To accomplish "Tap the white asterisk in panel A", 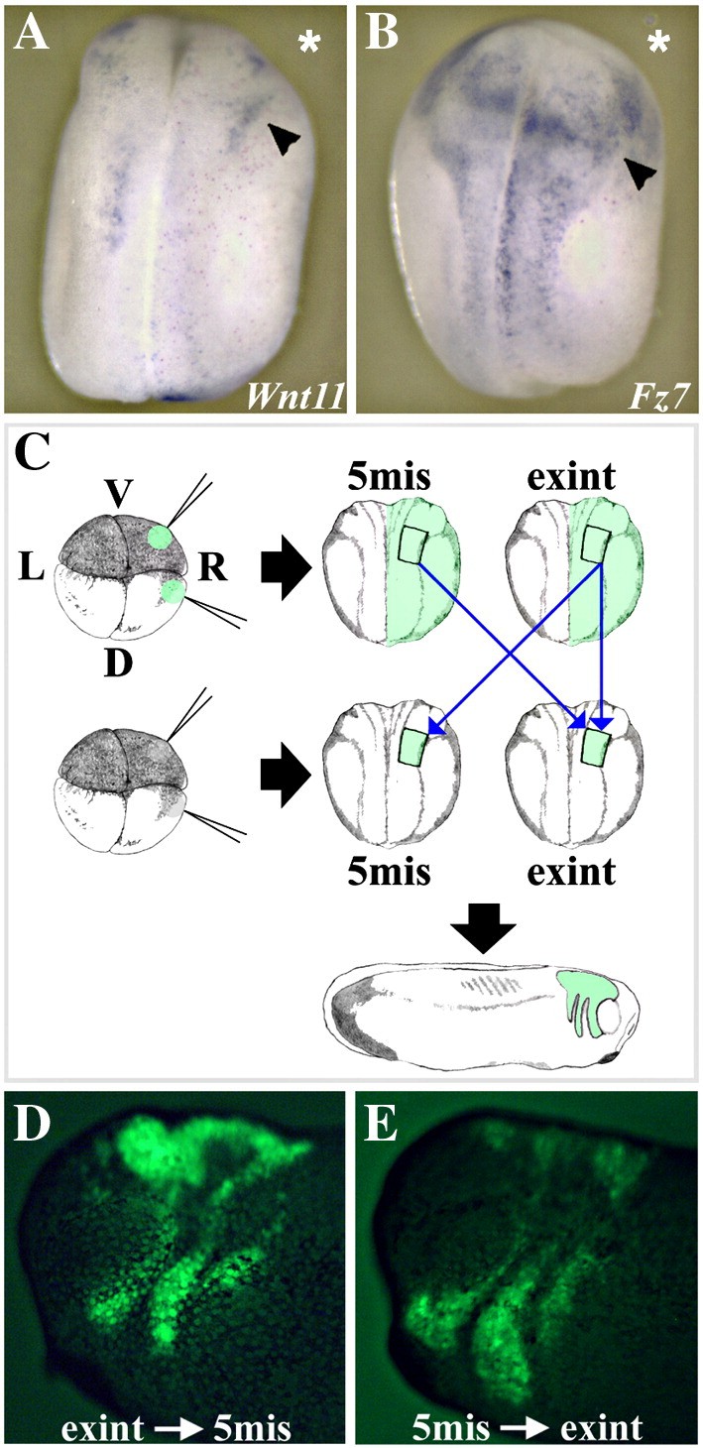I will [309, 44].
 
